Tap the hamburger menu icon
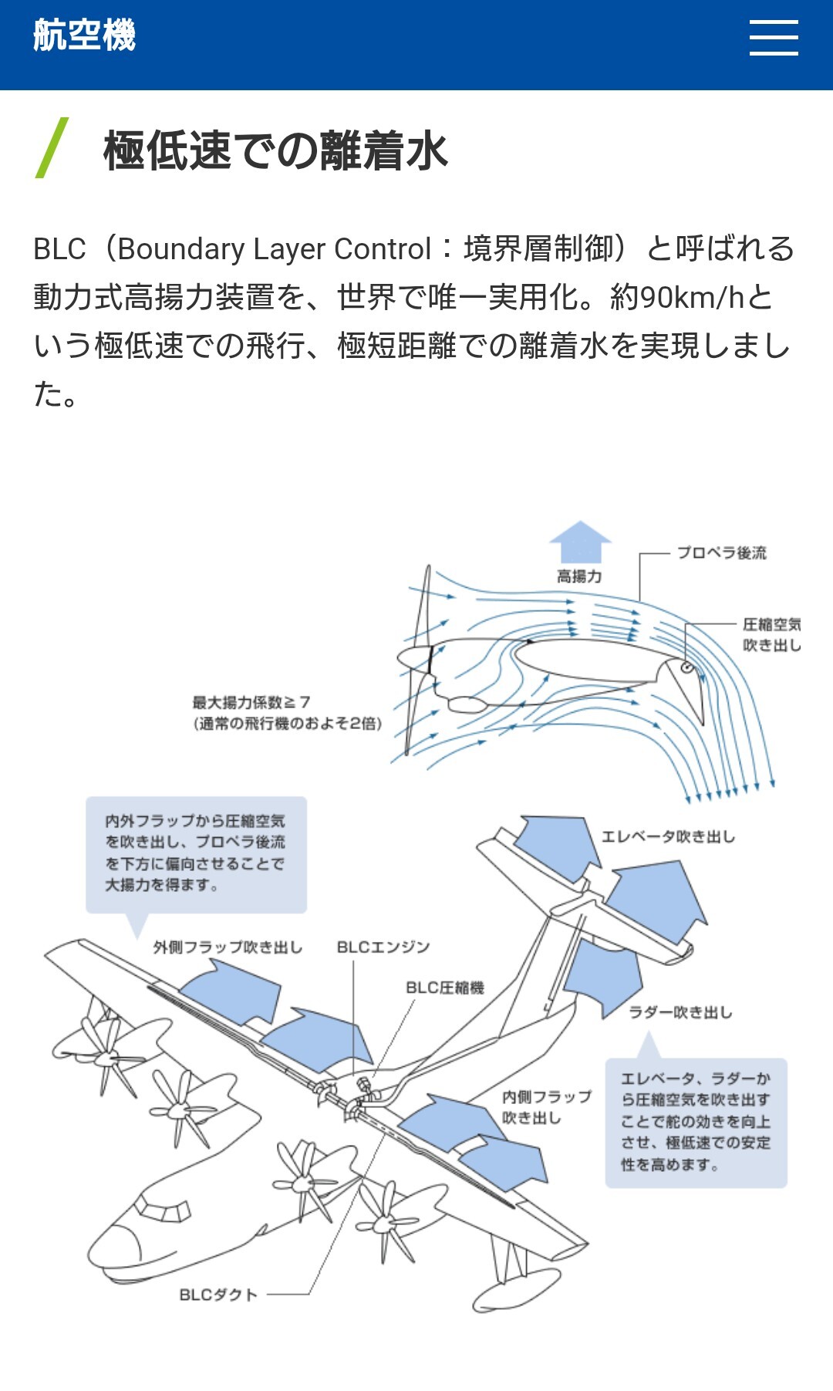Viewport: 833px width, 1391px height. click(774, 38)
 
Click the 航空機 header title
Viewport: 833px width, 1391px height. click(84, 35)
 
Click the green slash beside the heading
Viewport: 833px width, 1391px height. click(52, 148)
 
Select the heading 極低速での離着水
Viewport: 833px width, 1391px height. click(275, 150)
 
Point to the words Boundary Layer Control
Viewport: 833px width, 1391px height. click(274, 249)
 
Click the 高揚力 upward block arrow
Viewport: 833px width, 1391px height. click(580, 542)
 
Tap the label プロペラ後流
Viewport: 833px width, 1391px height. click(722, 553)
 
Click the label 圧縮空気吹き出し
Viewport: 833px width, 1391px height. click(771, 634)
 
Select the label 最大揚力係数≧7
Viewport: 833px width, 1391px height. click(251, 702)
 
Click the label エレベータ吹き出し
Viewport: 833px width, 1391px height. click(668, 837)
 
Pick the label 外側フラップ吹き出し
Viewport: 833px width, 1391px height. click(228, 947)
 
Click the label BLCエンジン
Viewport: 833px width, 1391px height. click(383, 947)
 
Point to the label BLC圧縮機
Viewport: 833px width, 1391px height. click(445, 988)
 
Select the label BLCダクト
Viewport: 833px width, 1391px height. click(218, 1295)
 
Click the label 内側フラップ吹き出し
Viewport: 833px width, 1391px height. click(546, 1107)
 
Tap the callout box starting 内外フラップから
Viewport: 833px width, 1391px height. click(196, 853)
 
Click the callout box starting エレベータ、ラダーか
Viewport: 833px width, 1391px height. click(696, 1122)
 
